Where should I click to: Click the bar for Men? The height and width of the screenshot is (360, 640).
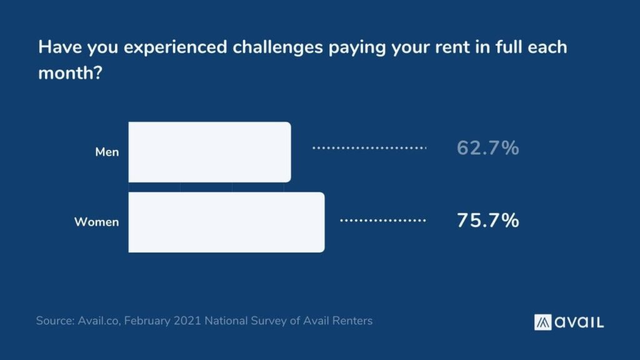point(209,152)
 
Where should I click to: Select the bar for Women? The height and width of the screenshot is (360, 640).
point(226,222)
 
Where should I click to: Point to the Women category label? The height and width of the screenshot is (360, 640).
point(96,222)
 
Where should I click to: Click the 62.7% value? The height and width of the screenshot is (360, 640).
point(487,149)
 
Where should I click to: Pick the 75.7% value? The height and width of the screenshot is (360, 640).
point(487,221)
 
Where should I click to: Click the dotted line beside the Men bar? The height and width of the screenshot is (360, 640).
point(369,149)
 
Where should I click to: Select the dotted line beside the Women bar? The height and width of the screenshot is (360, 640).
point(382,221)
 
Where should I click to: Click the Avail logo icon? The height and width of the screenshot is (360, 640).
point(542,322)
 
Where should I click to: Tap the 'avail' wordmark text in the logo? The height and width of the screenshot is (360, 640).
point(579,322)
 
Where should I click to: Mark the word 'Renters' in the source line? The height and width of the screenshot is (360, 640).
point(352,321)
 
